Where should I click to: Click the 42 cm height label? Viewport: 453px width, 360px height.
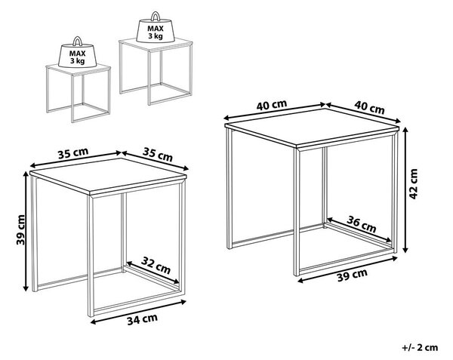pyautogui.click(x=414, y=184)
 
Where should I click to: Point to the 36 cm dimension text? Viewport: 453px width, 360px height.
pyautogui.click(x=362, y=224)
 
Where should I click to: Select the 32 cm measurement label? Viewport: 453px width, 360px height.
pyautogui.click(x=156, y=266)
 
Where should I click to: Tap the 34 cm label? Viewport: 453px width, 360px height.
pyautogui.click(x=143, y=319)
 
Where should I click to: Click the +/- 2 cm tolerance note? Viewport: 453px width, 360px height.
pyautogui.click(x=420, y=347)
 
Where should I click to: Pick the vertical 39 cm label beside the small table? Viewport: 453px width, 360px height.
pyautogui.click(x=21, y=229)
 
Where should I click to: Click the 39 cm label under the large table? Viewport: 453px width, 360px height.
pyautogui.click(x=352, y=275)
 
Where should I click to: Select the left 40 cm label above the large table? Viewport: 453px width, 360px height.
pyautogui.click(x=272, y=105)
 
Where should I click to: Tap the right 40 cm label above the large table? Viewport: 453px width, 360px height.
pyautogui.click(x=369, y=107)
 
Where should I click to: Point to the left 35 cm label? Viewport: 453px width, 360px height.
pyautogui.click(x=73, y=153)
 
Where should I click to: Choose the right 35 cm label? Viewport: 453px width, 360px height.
pyautogui.click(x=158, y=155)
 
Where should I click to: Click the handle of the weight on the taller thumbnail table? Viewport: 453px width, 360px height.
pyautogui.click(x=156, y=16)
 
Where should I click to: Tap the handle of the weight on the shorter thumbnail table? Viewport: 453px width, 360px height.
pyautogui.click(x=78, y=41)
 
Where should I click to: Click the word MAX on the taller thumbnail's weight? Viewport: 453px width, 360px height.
pyautogui.click(x=156, y=29)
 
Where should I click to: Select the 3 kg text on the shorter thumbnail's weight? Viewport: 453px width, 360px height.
pyautogui.click(x=78, y=61)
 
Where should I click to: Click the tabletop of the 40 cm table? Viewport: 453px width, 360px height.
pyautogui.click(x=312, y=128)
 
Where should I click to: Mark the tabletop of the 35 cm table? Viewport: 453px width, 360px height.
pyautogui.click(x=108, y=177)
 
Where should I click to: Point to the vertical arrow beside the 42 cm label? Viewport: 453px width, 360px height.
pyautogui.click(x=405, y=189)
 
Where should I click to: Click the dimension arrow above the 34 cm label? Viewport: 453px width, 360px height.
pyautogui.click(x=139, y=312)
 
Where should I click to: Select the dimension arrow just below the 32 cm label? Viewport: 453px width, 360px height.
pyautogui.click(x=153, y=272)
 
